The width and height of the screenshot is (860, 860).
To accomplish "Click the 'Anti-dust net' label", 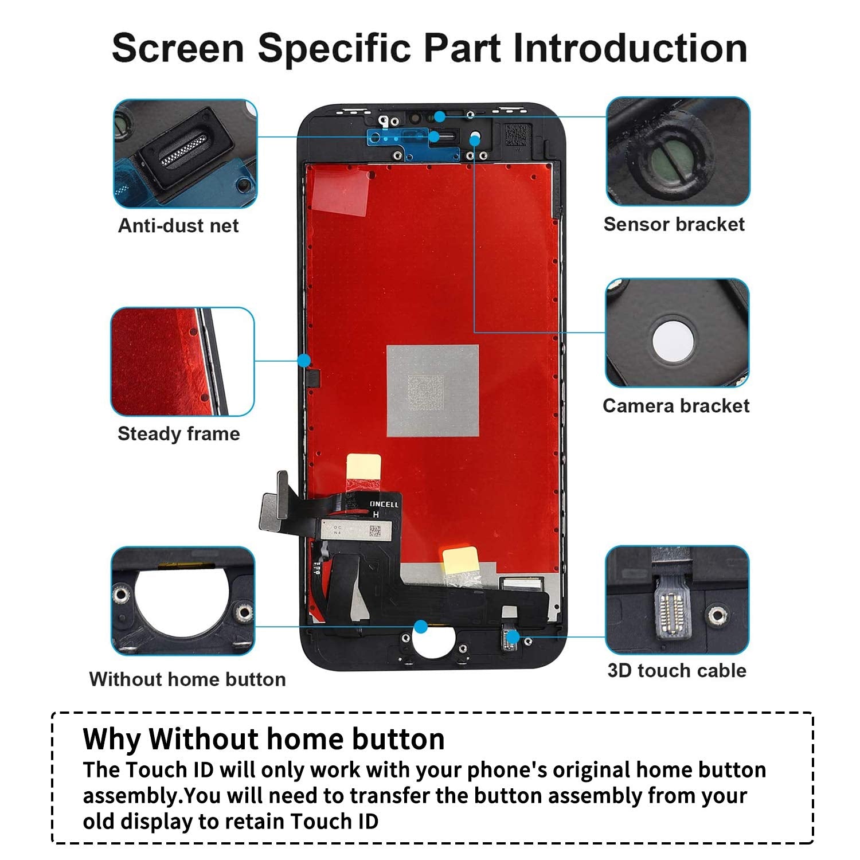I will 178,225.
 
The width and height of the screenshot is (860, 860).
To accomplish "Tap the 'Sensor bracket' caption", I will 674,224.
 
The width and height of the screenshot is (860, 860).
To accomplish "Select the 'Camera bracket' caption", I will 676,406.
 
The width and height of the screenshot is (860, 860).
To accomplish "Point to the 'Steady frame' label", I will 178,433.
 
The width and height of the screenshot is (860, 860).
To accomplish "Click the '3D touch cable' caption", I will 677,670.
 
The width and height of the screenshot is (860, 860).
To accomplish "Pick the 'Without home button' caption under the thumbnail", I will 187,679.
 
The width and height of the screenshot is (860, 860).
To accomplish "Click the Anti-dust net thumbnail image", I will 185,154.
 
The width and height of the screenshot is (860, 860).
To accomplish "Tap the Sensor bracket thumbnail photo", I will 678,151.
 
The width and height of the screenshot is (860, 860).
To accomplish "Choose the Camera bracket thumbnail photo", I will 677,333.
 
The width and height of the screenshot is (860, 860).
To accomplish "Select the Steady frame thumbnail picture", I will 182,362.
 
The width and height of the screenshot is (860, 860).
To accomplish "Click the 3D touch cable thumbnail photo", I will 677,600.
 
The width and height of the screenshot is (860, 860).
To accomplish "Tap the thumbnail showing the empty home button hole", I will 182,601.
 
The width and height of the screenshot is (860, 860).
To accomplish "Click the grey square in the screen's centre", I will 432,390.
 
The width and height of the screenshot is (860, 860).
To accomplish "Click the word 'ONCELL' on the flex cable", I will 384,504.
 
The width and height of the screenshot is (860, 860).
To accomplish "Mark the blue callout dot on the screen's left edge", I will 304,361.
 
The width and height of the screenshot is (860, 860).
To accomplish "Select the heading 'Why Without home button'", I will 263,739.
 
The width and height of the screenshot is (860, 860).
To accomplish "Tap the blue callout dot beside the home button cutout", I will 421,627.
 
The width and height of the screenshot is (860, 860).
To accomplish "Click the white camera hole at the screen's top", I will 475,138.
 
